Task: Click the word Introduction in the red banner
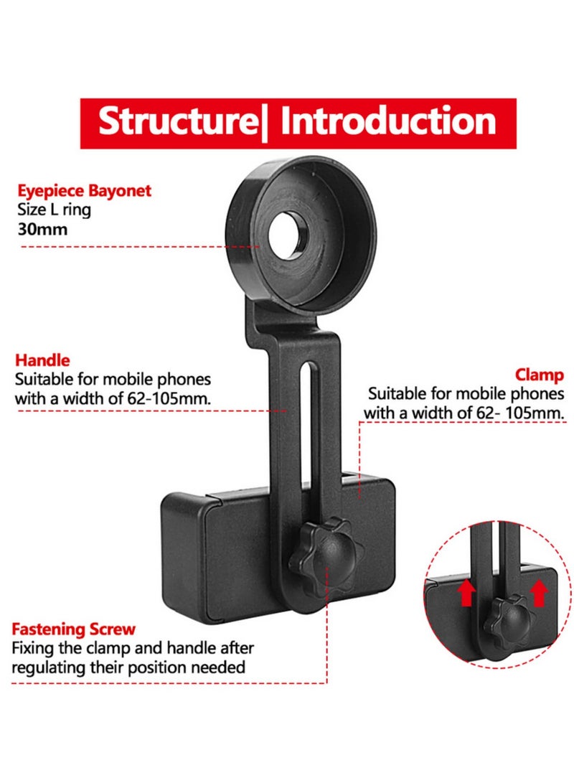pos(387,121)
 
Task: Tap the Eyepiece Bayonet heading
pos(84,192)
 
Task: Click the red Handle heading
pos(43,361)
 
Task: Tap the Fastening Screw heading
pos(73,629)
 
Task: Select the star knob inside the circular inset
pos(504,616)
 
